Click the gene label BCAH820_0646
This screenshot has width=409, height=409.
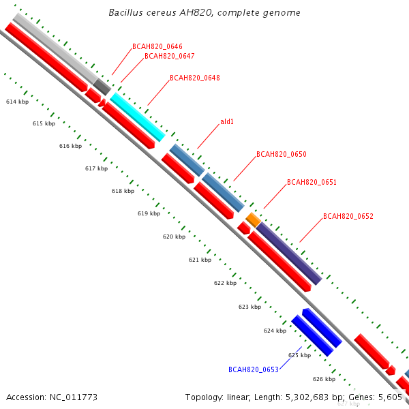click(x=157, y=46)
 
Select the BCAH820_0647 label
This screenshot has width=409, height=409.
click(x=170, y=56)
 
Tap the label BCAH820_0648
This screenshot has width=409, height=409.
click(x=195, y=78)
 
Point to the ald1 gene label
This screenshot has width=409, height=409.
click(x=227, y=121)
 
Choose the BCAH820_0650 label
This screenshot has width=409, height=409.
click(x=282, y=154)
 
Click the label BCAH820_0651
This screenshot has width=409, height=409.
click(x=312, y=182)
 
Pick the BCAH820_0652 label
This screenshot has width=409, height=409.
click(x=348, y=216)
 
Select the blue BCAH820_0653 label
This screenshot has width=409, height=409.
click(x=254, y=369)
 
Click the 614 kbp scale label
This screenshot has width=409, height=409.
click(x=18, y=102)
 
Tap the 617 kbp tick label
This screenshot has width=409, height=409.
click(x=97, y=168)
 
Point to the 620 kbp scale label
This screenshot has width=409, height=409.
click(x=175, y=237)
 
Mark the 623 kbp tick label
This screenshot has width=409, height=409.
click(x=250, y=307)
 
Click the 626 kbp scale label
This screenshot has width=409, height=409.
click(x=324, y=379)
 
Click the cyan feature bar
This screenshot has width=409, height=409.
click(x=138, y=117)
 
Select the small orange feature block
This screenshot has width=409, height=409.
click(x=254, y=220)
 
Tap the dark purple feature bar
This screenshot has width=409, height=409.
click(x=289, y=254)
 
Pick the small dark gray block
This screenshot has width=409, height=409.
click(x=102, y=87)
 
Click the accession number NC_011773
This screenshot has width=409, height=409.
click(x=74, y=397)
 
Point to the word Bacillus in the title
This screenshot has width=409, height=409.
click(x=125, y=12)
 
